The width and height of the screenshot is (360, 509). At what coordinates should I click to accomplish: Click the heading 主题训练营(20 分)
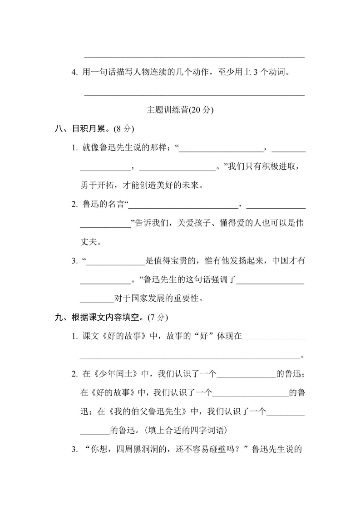click(x=180, y=110)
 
